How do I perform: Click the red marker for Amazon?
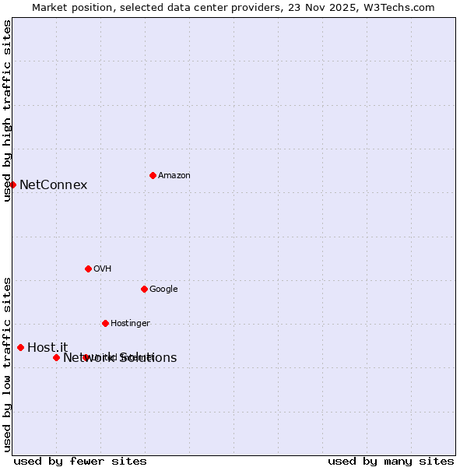pyautogui.click(x=153, y=175)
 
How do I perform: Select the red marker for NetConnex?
pyautogui.click(x=12, y=184)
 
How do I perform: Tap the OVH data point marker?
pyautogui.click(x=88, y=269)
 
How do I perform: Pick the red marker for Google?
pyautogui.click(x=144, y=289)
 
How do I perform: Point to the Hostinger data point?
pyautogui.click(x=105, y=323)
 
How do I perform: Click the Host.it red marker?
pyautogui.click(x=20, y=347)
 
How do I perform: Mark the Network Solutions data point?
pyautogui.click(x=56, y=357)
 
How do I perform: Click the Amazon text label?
pyautogui.click(x=174, y=176)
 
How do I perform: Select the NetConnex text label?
pyautogui.click(x=53, y=185)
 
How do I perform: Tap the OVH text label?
pyautogui.click(x=103, y=269)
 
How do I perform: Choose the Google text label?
pyautogui.click(x=163, y=290)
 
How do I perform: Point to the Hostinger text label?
pyautogui.click(x=130, y=324)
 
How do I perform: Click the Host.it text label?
pyautogui.click(x=47, y=348)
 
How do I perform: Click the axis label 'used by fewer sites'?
pyautogui.click(x=80, y=462)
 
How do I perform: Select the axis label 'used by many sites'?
pyautogui.click(x=391, y=462)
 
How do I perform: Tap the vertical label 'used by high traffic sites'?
pyautogui.click(x=7, y=111)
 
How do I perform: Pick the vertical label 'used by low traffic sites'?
pyautogui.click(x=7, y=363)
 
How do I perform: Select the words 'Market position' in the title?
pyautogui.click(x=69, y=7)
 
